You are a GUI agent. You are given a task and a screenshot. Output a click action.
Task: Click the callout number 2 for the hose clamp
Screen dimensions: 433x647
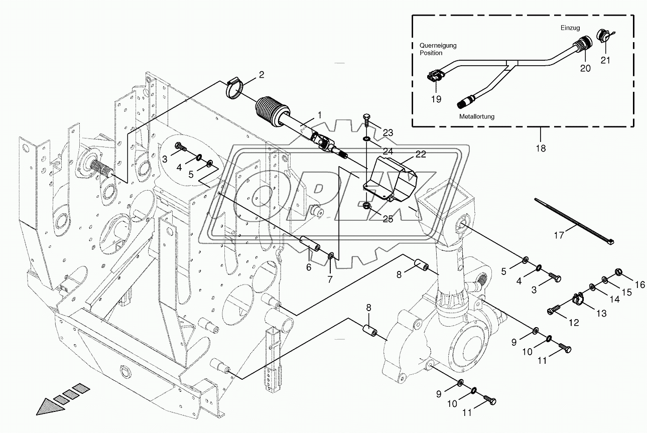click(262, 75)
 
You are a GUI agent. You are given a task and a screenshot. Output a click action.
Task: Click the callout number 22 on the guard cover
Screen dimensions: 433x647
click(420, 155)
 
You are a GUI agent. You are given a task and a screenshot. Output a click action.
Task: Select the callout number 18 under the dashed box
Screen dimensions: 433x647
click(540, 148)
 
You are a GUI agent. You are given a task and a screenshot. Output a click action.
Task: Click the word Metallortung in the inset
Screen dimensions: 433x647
click(477, 116)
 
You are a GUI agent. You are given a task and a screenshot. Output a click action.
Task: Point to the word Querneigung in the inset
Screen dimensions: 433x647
click(438, 45)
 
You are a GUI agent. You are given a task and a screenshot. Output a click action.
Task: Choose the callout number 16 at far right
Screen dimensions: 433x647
click(639, 284)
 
